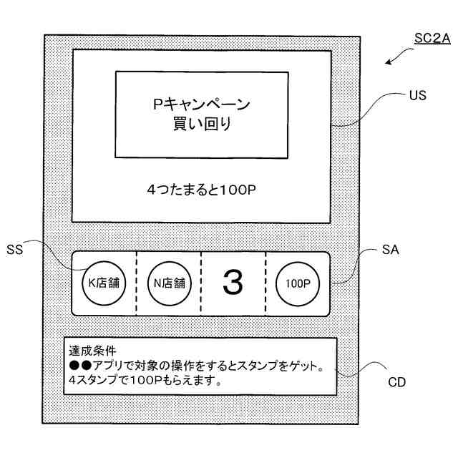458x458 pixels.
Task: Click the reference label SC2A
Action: (432, 39)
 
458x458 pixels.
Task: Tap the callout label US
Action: (417, 94)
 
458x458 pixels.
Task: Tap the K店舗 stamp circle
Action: (103, 283)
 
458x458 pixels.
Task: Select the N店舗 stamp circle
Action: (168, 283)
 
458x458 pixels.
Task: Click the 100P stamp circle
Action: (297, 283)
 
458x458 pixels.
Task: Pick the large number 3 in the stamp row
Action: (233, 283)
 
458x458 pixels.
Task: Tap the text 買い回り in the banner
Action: (202, 125)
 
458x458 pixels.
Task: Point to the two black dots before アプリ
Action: (79, 366)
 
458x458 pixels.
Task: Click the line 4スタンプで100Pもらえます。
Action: (145, 381)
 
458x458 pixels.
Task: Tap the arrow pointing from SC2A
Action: (393, 58)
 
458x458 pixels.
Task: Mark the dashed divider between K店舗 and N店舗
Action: (136, 283)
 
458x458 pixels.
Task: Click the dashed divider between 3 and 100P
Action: (265, 283)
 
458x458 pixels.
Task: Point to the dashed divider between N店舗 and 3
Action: (200, 283)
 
